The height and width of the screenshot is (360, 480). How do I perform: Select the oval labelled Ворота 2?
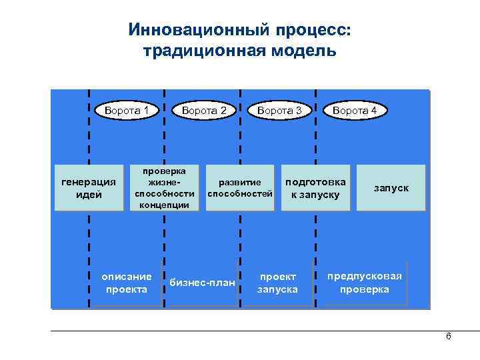(204, 110)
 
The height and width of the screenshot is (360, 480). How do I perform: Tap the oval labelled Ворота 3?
(279, 110)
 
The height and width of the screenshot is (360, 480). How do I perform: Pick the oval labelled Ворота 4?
(355, 110)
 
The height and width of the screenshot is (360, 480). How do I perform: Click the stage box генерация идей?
(89, 188)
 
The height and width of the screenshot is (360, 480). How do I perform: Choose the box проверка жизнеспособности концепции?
(165, 188)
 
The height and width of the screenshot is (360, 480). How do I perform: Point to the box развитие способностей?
(240, 188)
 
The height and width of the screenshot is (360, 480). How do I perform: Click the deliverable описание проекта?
(126, 283)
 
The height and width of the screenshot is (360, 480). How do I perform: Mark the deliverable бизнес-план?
(203, 283)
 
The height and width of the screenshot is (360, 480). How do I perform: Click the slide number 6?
(448, 337)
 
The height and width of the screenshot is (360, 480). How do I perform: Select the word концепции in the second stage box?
(165, 205)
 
